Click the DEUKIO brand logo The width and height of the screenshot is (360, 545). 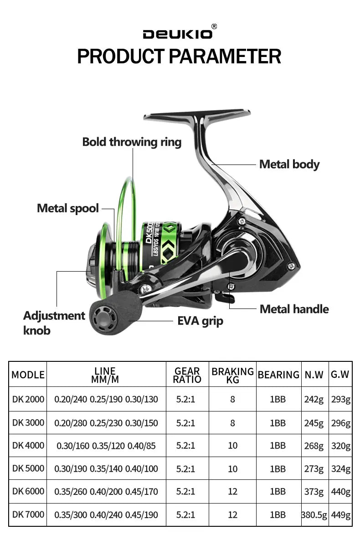177,34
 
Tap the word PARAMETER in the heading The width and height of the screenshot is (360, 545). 225,57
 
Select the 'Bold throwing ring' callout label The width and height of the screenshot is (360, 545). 132,142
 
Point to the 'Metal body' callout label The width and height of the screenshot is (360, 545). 289,165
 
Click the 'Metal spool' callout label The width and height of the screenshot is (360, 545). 68,209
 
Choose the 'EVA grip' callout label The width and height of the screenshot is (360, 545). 200,321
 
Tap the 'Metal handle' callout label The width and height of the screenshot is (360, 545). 294,309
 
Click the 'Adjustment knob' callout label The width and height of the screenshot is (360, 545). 54,323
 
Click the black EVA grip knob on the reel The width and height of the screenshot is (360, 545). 116,313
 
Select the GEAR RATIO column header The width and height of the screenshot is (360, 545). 187,375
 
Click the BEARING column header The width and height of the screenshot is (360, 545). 278,375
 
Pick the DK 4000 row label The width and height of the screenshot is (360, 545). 28,446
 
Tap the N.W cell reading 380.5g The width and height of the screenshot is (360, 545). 314,515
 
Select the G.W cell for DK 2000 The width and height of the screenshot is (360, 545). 340,399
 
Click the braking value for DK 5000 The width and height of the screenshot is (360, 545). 232,469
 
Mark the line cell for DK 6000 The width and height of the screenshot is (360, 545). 106,492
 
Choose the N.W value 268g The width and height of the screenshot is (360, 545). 314,446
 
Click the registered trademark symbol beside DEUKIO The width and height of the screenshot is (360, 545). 214,26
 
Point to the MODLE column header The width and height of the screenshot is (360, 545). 28,375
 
